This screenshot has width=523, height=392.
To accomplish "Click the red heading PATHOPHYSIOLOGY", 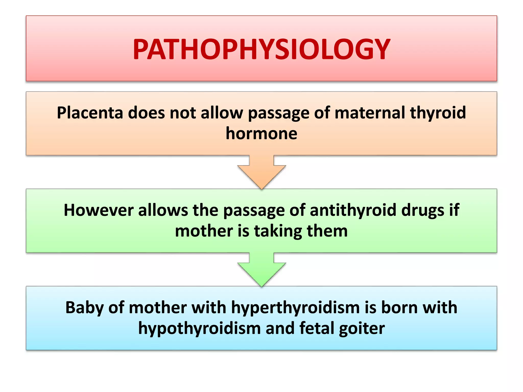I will [x=261, y=49].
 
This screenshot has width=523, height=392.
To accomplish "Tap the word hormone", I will [x=261, y=133].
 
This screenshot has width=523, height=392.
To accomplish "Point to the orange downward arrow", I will [x=261, y=173].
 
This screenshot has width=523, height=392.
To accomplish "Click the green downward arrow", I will [x=261, y=270].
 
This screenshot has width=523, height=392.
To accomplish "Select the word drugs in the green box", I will [x=423, y=210].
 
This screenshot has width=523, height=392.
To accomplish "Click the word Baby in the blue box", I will [x=85, y=307].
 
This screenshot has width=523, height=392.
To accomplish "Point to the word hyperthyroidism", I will [x=295, y=307].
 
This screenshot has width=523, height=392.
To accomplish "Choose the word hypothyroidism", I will [x=199, y=328].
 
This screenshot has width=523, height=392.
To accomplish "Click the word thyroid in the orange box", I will [x=438, y=113].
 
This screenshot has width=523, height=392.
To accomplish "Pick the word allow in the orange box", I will [x=222, y=113].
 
